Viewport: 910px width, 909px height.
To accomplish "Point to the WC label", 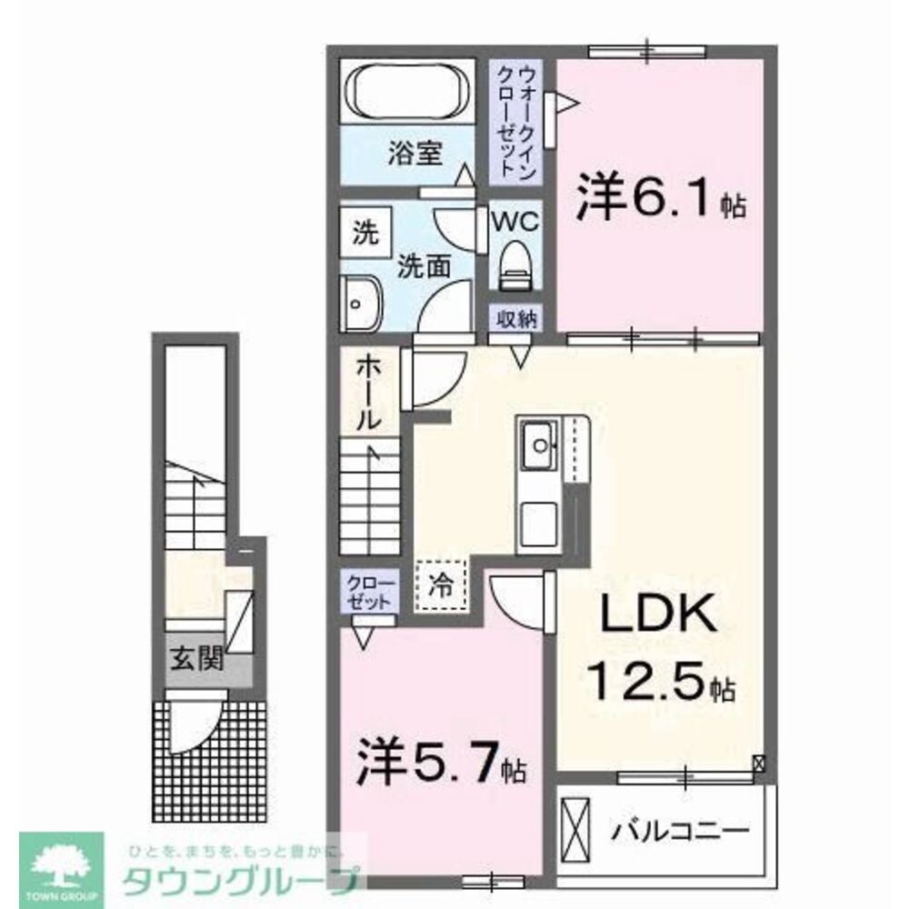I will (x=515, y=221).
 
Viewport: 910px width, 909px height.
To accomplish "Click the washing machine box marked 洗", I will (x=364, y=232).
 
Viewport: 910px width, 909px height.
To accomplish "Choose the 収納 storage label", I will (x=515, y=319).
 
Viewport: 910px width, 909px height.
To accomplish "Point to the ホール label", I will (x=368, y=392).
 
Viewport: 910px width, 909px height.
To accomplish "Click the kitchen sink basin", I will (x=540, y=445).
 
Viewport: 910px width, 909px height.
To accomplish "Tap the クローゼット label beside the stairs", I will (x=369, y=592).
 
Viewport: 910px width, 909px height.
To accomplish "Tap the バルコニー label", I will (x=681, y=830).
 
